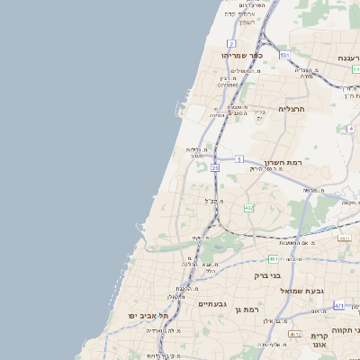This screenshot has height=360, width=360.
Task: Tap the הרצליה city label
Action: [293, 109]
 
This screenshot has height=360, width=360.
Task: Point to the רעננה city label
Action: [347, 58]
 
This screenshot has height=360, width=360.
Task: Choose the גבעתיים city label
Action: [214, 303]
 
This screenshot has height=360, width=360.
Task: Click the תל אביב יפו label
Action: [149, 316]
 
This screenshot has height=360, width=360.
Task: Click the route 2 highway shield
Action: [231, 43]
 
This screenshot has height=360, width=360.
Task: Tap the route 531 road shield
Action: [283, 56]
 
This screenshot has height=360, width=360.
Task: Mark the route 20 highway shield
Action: [216, 167]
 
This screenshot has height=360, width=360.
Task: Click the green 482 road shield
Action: [248, 208]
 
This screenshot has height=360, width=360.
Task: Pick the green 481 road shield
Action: [273, 258]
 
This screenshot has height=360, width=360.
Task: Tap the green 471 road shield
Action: [338, 306]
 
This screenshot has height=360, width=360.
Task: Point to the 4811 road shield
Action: [344, 238]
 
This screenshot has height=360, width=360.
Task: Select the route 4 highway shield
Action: [350, 129]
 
